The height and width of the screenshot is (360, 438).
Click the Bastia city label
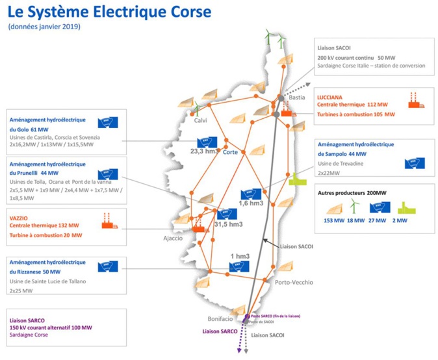click(x=296, y=98)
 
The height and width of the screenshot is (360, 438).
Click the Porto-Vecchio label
click(x=294, y=282)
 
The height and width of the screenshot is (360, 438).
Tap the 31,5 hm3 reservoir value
click(x=227, y=224)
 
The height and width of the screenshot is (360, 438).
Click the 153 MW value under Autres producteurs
click(x=333, y=221)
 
